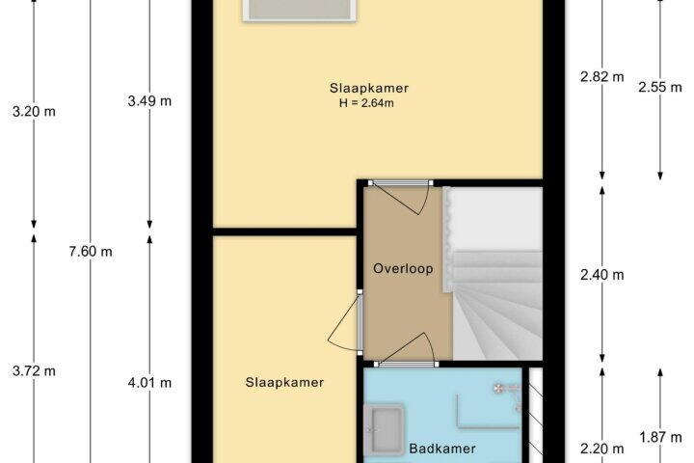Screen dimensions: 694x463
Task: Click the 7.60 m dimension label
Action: (x=91, y=252)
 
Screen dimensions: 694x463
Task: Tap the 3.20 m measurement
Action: (x=34, y=112)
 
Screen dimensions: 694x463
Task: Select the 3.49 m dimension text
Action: (x=149, y=101)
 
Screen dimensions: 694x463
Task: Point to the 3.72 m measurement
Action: (x=34, y=370)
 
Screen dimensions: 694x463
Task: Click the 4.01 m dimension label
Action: (x=149, y=382)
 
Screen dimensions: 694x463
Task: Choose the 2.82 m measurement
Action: (x=601, y=76)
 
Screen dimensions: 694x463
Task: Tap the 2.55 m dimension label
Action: (x=660, y=87)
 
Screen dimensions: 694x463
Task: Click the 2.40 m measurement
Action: (x=601, y=275)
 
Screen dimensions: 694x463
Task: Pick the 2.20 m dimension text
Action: (x=601, y=449)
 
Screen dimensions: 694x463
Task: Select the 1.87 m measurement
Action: (x=660, y=438)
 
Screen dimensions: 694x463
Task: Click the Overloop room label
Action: (x=403, y=268)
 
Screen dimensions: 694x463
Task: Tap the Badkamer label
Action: (x=442, y=449)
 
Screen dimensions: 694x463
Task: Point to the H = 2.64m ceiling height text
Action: (x=366, y=103)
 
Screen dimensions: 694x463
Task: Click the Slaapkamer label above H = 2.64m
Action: (x=368, y=88)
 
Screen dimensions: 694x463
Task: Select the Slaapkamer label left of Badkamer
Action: (x=284, y=382)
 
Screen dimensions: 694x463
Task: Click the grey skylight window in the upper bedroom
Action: (x=299, y=10)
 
